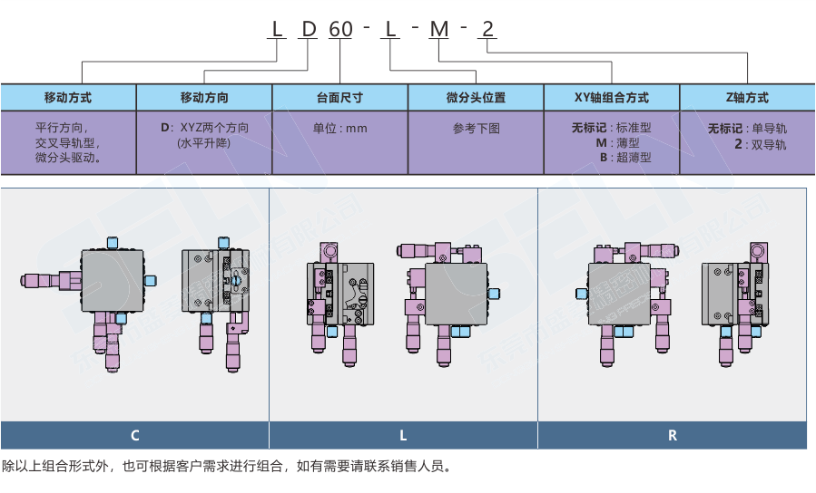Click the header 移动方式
pyautogui.click(x=68, y=98)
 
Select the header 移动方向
pyautogui.click(x=204, y=98)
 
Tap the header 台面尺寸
pyautogui.click(x=340, y=98)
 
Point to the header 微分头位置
pyautogui.click(x=476, y=98)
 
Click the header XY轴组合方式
pyautogui.click(x=612, y=98)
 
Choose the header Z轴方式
pyautogui.click(x=747, y=98)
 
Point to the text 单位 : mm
pyautogui.click(x=340, y=129)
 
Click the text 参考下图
pyautogui.click(x=476, y=129)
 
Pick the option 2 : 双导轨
pyautogui.click(x=759, y=143)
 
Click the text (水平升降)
pyautogui.click(x=204, y=143)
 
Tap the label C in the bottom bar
pyautogui.click(x=134, y=436)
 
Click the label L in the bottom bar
pyautogui.click(x=403, y=436)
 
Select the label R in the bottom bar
pyautogui.click(x=673, y=436)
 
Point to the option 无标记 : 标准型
pyautogui.click(x=612, y=128)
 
